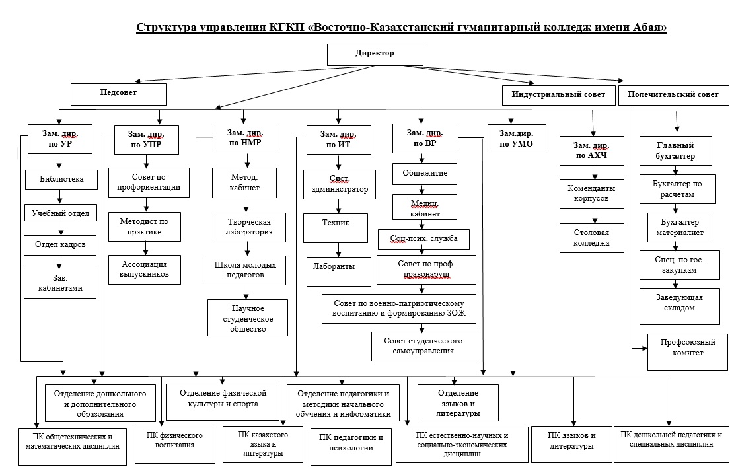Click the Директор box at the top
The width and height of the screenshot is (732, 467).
click(x=375, y=54)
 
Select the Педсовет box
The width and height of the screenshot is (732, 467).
click(x=118, y=94)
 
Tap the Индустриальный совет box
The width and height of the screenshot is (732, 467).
click(x=558, y=95)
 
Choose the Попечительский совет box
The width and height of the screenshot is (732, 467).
click(x=673, y=95)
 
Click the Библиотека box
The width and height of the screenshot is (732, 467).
click(x=62, y=179)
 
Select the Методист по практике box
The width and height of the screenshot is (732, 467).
click(x=145, y=227)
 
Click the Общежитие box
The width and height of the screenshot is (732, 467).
click(x=425, y=174)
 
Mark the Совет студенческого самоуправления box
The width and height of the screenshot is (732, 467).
click(x=423, y=345)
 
